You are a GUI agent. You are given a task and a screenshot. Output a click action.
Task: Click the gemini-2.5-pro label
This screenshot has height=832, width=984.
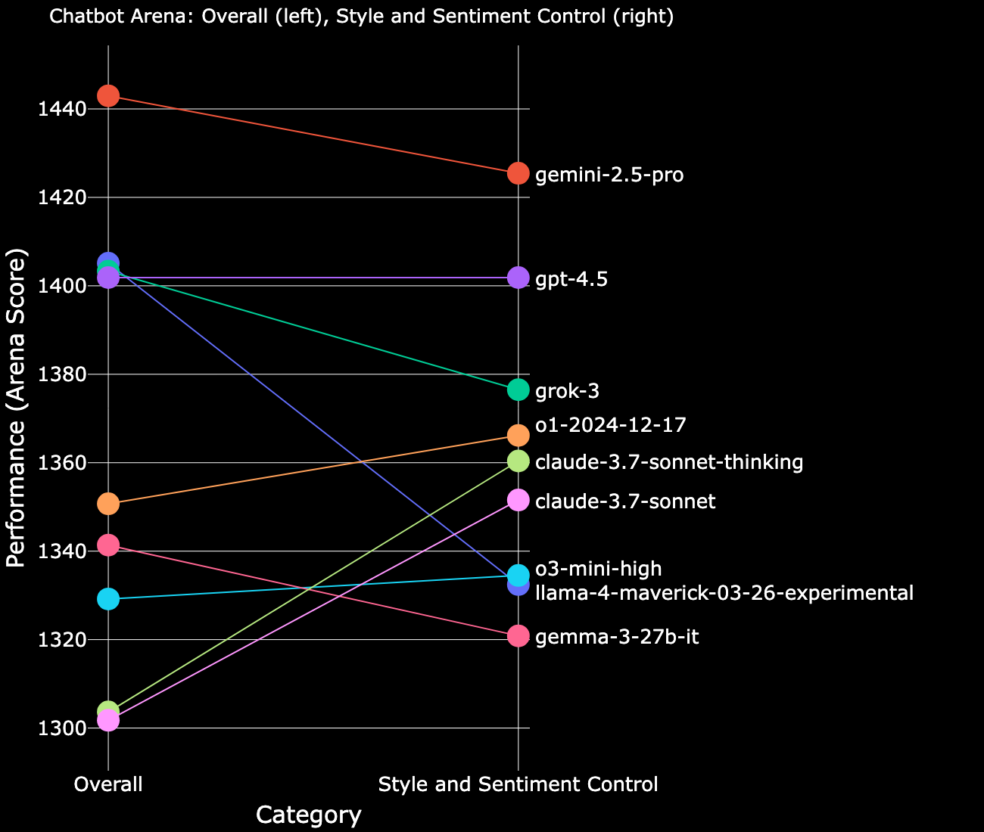click(609, 175)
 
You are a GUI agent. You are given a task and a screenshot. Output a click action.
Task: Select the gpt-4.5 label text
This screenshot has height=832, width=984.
click(571, 280)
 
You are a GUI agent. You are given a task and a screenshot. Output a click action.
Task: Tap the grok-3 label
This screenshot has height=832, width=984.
click(567, 392)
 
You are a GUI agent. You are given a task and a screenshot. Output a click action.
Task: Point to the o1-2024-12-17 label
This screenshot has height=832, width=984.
click(610, 425)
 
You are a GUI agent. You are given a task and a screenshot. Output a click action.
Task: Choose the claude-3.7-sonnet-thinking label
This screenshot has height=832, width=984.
click(668, 462)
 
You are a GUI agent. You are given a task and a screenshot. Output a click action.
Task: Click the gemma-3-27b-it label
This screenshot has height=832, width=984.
click(616, 638)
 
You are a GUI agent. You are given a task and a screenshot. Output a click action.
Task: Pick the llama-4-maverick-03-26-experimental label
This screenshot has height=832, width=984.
click(724, 593)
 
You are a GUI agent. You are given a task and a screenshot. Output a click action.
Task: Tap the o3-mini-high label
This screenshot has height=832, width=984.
click(598, 569)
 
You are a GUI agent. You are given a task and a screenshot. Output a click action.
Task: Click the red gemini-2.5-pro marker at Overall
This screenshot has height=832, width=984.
click(108, 96)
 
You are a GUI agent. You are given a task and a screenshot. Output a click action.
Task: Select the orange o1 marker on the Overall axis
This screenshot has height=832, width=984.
click(108, 504)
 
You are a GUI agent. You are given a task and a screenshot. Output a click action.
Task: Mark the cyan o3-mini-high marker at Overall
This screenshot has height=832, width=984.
click(108, 599)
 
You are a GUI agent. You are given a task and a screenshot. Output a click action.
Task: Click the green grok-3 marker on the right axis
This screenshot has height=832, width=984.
click(518, 390)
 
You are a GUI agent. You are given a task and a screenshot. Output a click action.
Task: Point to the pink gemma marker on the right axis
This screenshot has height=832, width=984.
click(518, 636)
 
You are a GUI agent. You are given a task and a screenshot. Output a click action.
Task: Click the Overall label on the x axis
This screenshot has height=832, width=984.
click(108, 785)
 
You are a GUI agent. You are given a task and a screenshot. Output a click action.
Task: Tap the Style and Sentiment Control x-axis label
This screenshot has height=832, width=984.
click(518, 785)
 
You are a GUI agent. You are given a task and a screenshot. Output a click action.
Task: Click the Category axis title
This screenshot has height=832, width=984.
click(308, 815)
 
